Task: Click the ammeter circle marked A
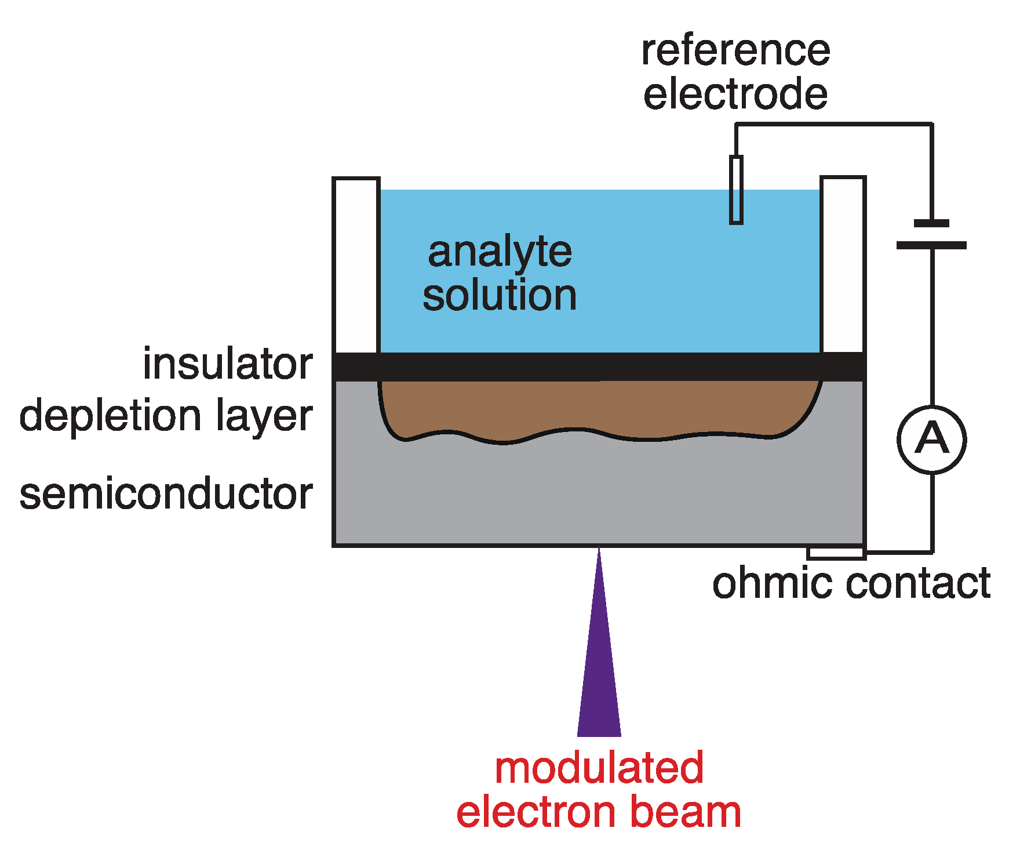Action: [x=931, y=439]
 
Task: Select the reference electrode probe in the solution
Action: [x=736, y=190]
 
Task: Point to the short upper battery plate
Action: [x=931, y=223]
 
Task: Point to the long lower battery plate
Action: [x=931, y=245]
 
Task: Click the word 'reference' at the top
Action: [x=735, y=50]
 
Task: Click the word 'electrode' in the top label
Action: [x=735, y=94]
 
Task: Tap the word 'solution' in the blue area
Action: [x=500, y=296]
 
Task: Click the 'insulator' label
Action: [x=228, y=364]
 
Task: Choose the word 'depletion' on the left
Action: [x=110, y=416]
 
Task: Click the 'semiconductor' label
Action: [x=166, y=494]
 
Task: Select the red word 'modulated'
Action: [x=599, y=768]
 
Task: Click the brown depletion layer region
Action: [x=599, y=409]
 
